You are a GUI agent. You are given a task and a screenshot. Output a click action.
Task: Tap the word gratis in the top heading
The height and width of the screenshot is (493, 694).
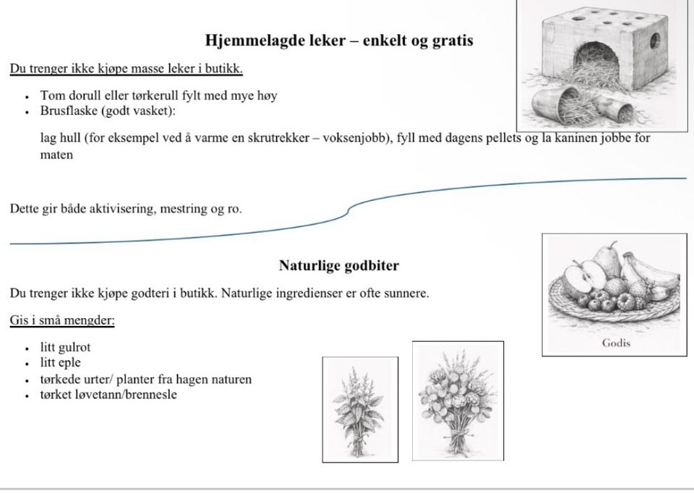click(x=449, y=40)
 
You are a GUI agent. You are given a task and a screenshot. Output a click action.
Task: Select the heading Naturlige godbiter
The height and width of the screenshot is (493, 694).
click(x=338, y=265)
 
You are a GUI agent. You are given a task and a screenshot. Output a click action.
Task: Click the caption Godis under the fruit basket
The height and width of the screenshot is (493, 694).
click(x=616, y=343)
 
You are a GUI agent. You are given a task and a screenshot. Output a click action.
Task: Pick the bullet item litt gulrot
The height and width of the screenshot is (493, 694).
click(x=66, y=347)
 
